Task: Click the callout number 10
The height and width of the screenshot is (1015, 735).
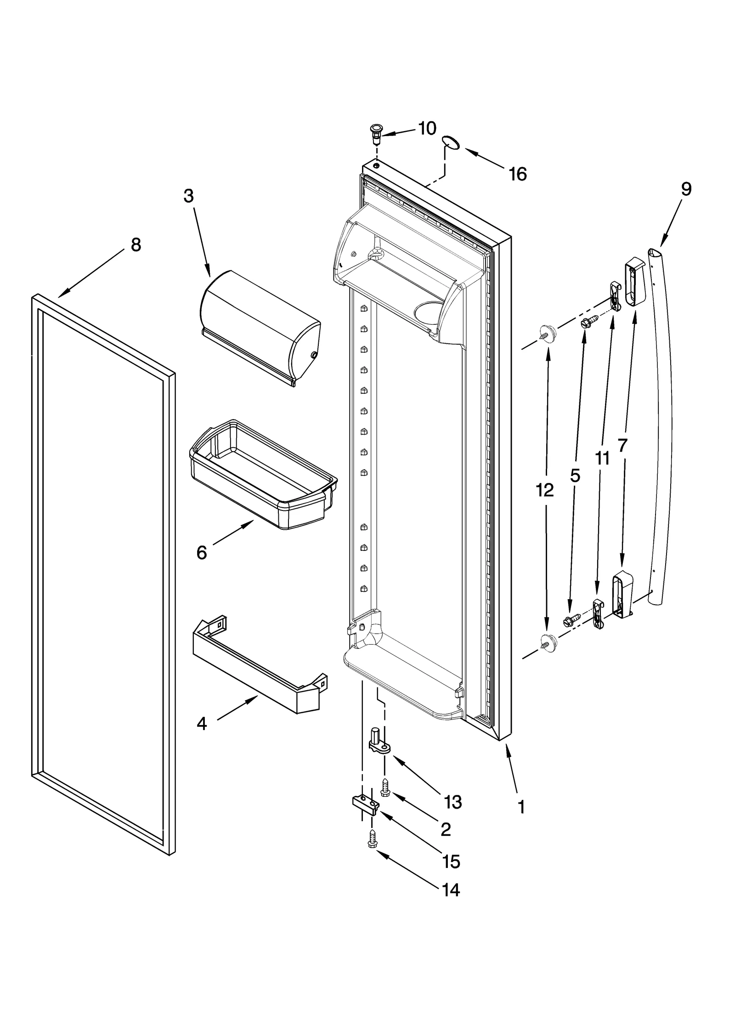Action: (x=427, y=129)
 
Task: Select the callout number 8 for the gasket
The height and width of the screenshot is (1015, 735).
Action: (x=136, y=245)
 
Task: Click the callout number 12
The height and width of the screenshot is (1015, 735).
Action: (x=545, y=491)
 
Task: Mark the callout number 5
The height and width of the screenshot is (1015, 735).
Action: (x=575, y=476)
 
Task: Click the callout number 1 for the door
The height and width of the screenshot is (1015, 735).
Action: (x=520, y=806)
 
